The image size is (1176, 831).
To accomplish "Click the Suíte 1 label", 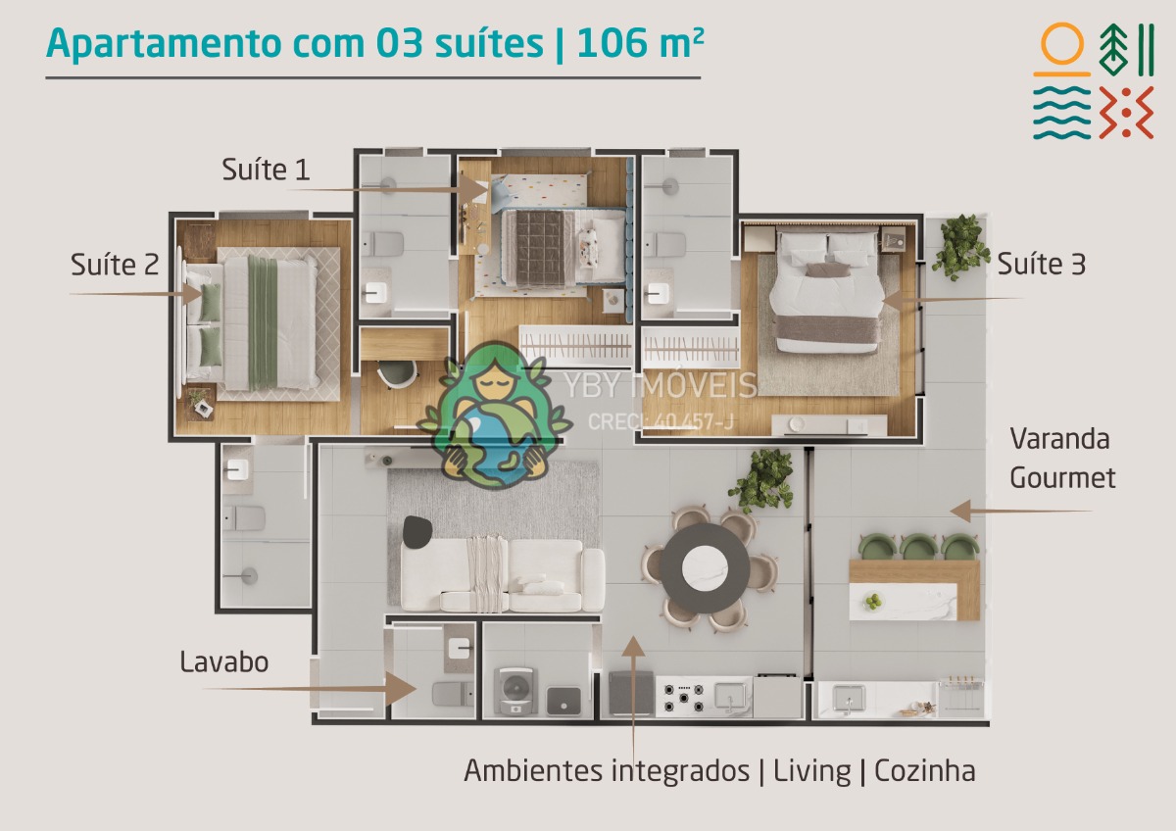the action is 266,170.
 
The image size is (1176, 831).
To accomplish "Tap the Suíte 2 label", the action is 115,264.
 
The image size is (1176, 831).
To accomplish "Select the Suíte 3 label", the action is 1041,264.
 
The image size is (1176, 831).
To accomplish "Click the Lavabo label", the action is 224,661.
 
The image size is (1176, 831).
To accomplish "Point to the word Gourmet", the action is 1062,477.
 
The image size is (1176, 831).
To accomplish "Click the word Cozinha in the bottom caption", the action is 924,770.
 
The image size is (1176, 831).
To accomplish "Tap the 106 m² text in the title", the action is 640,43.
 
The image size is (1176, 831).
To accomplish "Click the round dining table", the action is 705,568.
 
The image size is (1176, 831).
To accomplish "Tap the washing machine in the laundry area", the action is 516,690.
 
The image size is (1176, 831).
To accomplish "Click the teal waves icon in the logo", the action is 1062,113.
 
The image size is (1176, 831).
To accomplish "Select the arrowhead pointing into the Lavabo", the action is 401,689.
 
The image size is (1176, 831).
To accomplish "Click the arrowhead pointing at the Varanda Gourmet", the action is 960,511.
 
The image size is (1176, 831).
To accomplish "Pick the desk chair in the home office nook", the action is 397,372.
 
